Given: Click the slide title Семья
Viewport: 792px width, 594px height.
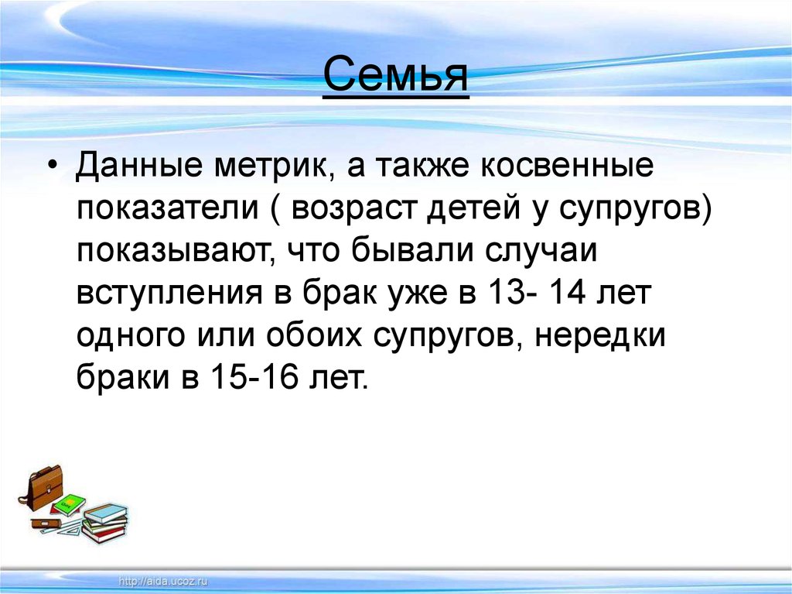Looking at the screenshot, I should click(x=395, y=75).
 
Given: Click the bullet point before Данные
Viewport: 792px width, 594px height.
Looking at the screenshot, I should click(x=53, y=170).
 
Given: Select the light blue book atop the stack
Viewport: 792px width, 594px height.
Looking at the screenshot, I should click(x=106, y=513).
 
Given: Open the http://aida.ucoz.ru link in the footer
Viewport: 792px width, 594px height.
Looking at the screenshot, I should click(x=164, y=580).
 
